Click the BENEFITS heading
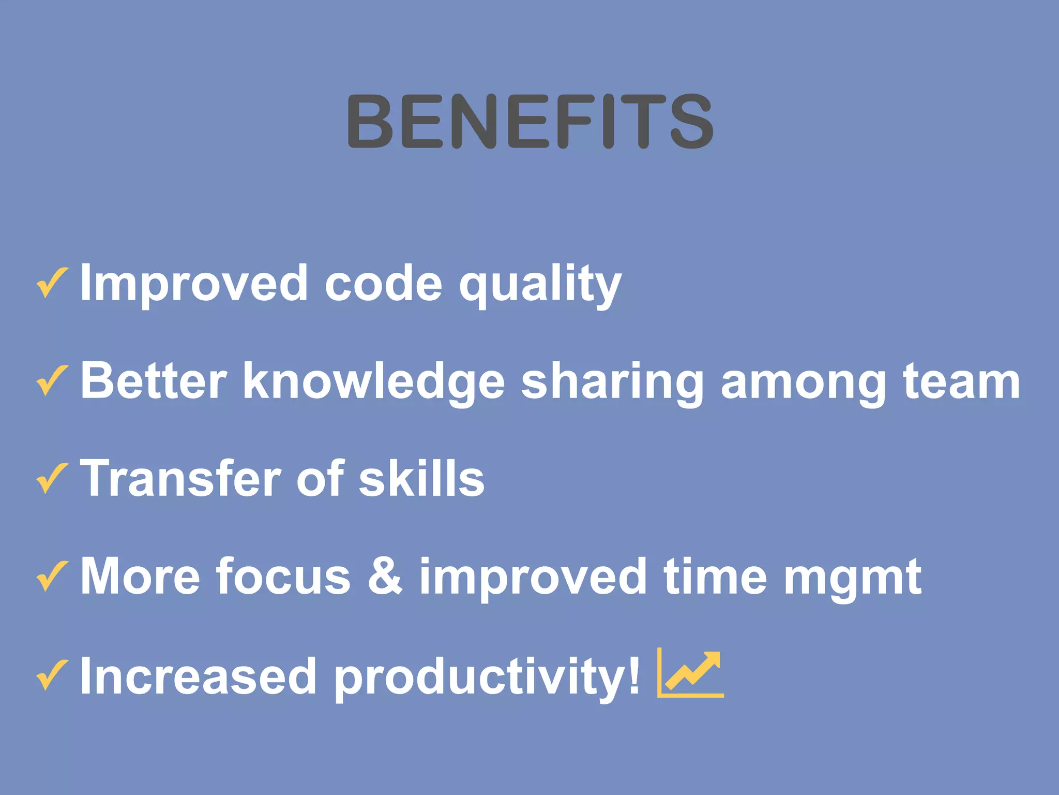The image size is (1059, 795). (530, 121)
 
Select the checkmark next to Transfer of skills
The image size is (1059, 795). (52, 478)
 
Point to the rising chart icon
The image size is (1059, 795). (691, 673)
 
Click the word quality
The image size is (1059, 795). (540, 285)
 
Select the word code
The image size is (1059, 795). (383, 283)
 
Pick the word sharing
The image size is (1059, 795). (612, 383)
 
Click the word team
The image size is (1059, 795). (962, 382)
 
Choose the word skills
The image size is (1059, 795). (421, 478)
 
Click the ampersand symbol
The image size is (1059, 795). (385, 576)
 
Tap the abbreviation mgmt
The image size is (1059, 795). (852, 578)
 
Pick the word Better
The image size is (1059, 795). (154, 381)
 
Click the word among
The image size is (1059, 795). (804, 383)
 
